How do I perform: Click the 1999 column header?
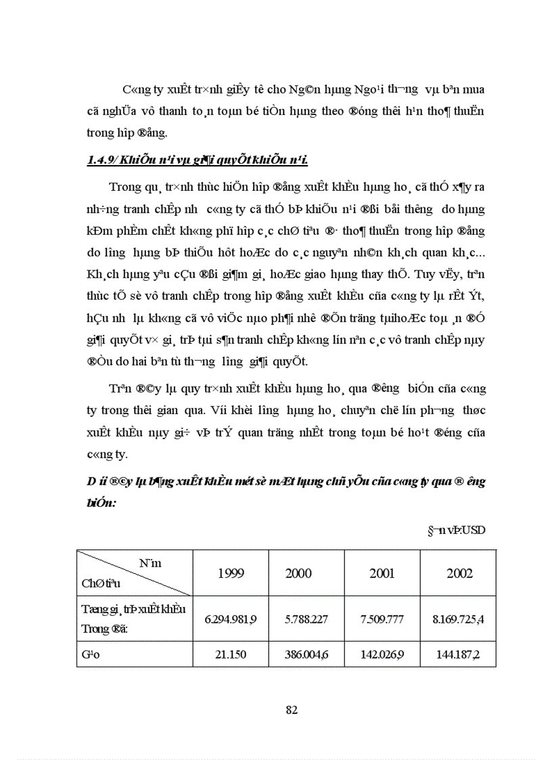pyautogui.click(x=231, y=573)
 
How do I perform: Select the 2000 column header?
pyautogui.click(x=298, y=573)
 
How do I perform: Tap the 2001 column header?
pyautogui.click(x=382, y=573)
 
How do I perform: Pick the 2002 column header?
pyautogui.click(x=459, y=573)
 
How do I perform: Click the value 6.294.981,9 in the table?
pyautogui.click(x=231, y=619)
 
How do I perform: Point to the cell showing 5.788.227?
pyautogui.click(x=298, y=619)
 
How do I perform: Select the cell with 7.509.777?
pyautogui.click(x=382, y=619)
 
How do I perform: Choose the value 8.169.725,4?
pyautogui.click(x=459, y=619)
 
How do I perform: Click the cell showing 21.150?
pyautogui.click(x=231, y=655)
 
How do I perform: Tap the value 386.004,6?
pyautogui.click(x=298, y=655)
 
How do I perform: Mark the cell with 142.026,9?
pyautogui.click(x=382, y=655)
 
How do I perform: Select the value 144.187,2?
pyautogui.click(x=459, y=655)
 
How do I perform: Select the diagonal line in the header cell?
pyautogui.click(x=135, y=573)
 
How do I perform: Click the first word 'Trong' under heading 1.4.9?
pyautogui.click(x=123, y=187)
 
